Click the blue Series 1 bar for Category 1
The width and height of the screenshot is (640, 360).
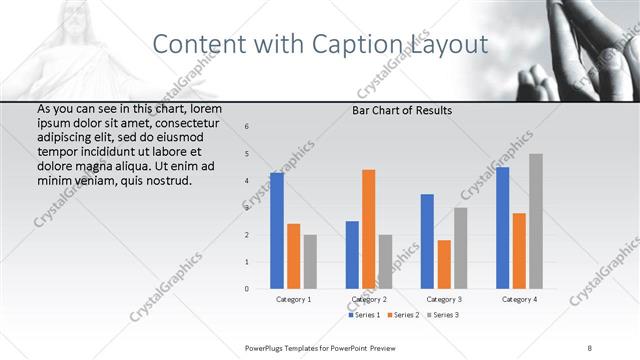point(277,230)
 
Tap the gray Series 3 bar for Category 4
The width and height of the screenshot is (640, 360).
point(536,221)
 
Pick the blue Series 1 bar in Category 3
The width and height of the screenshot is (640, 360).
point(427,241)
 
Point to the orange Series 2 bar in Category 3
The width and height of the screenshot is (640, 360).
point(444,264)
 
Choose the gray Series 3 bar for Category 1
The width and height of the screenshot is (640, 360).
point(310,261)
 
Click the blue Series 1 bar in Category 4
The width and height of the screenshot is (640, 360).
point(502,227)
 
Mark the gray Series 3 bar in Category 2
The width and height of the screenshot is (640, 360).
point(386,261)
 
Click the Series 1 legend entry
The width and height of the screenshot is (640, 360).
point(365,315)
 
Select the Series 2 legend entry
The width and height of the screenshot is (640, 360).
point(404,315)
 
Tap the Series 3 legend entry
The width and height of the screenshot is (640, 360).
point(442,315)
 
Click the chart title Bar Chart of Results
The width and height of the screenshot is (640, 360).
point(401,110)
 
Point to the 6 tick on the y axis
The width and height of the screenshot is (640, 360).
point(248,126)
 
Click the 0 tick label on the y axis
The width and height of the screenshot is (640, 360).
point(248,289)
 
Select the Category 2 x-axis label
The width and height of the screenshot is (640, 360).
point(369,299)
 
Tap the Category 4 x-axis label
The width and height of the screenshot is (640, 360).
point(519,299)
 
